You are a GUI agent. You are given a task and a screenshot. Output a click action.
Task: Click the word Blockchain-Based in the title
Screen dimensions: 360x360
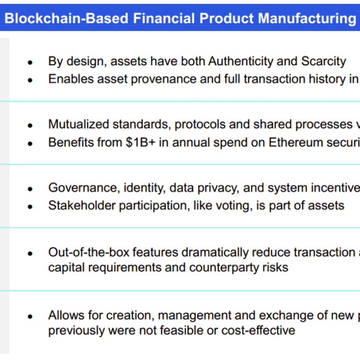point(66,18)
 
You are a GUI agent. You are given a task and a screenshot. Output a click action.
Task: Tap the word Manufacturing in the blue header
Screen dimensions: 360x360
point(307,18)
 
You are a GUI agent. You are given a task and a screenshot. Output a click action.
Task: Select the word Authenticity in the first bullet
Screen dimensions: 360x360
point(241,62)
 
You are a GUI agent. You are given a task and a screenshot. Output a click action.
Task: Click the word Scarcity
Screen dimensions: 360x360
point(324,62)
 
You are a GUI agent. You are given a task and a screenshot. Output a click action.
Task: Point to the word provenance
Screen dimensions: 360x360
point(164,79)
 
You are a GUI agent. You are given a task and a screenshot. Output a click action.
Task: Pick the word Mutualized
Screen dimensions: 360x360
point(79,124)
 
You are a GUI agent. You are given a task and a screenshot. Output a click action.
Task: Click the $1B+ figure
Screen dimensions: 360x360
point(140,142)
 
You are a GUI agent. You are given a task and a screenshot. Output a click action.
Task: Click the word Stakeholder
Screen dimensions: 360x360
point(82,206)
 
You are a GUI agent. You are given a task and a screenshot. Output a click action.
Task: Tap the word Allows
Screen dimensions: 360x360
point(66,315)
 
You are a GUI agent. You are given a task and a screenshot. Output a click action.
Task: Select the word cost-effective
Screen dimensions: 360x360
point(258,330)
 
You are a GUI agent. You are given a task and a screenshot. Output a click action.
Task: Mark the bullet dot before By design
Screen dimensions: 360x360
point(30,62)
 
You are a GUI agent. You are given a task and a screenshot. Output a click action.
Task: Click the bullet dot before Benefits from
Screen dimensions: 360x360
point(30,144)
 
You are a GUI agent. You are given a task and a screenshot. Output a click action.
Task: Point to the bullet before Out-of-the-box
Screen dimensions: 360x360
point(30,254)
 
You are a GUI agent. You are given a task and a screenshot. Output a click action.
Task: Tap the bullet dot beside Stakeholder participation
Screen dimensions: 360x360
point(30,207)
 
